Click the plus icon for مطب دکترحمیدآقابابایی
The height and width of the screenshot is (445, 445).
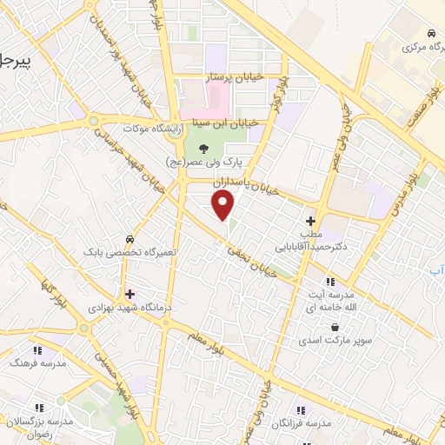(x=310, y=222)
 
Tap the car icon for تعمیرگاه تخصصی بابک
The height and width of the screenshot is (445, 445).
(x=129, y=238)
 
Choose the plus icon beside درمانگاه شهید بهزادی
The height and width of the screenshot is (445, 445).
(x=130, y=293)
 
